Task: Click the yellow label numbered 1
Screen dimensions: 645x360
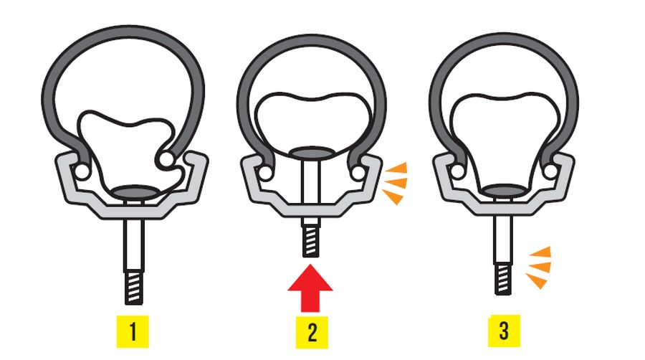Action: point(133,331)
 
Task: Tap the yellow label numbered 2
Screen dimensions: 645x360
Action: point(312,333)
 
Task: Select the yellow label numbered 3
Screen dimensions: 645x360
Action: point(504,331)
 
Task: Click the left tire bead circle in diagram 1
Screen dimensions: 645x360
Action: point(82,171)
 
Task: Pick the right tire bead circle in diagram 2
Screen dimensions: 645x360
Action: point(358,172)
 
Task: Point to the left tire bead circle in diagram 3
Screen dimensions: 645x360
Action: point(457,171)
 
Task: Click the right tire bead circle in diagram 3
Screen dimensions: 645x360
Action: point(550,171)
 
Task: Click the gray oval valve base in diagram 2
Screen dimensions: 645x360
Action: point(310,153)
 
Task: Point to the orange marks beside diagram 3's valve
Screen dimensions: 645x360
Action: point(537,267)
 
